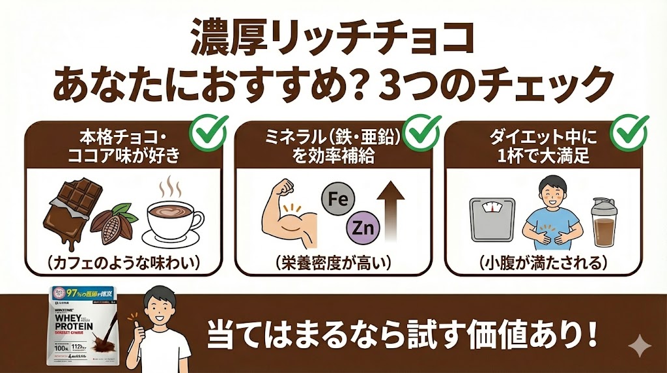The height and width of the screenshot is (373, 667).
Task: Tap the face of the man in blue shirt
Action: coord(550,194)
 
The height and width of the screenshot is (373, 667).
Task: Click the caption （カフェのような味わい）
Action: coord(123,263)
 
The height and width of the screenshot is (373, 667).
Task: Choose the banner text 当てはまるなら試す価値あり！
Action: coord(403,335)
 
